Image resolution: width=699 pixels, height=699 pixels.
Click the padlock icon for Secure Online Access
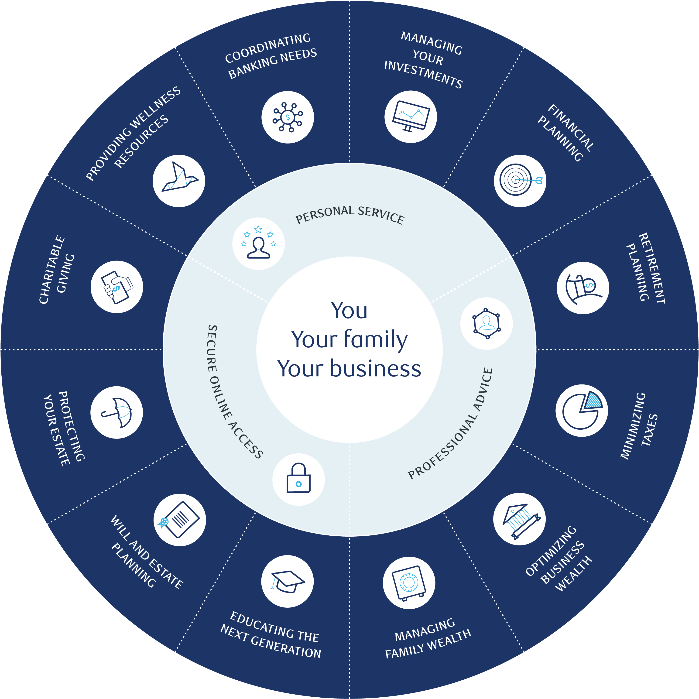click(x=298, y=479)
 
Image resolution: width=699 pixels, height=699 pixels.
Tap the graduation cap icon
click(x=288, y=581)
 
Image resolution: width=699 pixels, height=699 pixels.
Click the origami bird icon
click(x=179, y=181)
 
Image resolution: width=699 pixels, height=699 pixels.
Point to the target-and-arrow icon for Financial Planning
click(x=520, y=181)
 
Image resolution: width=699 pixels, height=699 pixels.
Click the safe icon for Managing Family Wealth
click(x=409, y=583)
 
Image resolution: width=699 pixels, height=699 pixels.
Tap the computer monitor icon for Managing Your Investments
click(x=411, y=116)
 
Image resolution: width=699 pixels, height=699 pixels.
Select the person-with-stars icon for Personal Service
click(x=258, y=243)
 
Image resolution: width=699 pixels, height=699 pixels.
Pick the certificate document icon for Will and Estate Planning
click(x=179, y=520)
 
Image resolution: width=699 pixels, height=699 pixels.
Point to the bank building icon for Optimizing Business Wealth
click(x=519, y=519)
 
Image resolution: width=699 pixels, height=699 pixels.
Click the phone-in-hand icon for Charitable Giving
click(x=116, y=287)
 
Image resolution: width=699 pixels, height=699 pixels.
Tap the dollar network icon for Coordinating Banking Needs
click(x=288, y=117)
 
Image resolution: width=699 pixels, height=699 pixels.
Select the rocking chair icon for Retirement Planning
click(x=582, y=288)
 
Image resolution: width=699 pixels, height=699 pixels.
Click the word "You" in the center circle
click(x=349, y=310)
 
